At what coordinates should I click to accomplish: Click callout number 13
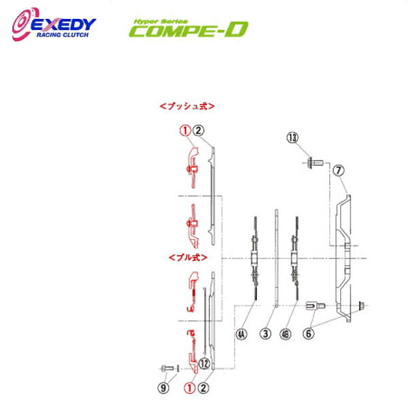[x=292, y=138]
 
